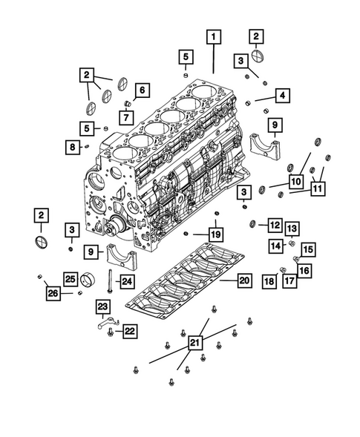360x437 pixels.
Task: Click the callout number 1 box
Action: click(x=214, y=36)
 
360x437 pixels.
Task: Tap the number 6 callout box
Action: click(x=143, y=91)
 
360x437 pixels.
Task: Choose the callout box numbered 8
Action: click(x=73, y=147)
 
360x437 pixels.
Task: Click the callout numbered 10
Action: click(x=295, y=181)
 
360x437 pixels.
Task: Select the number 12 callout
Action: click(x=275, y=224)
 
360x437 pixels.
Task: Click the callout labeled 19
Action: click(x=215, y=235)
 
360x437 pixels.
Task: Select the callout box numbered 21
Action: click(x=194, y=343)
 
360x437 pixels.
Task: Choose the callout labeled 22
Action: click(x=129, y=331)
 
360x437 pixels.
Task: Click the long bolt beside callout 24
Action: click(x=108, y=280)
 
